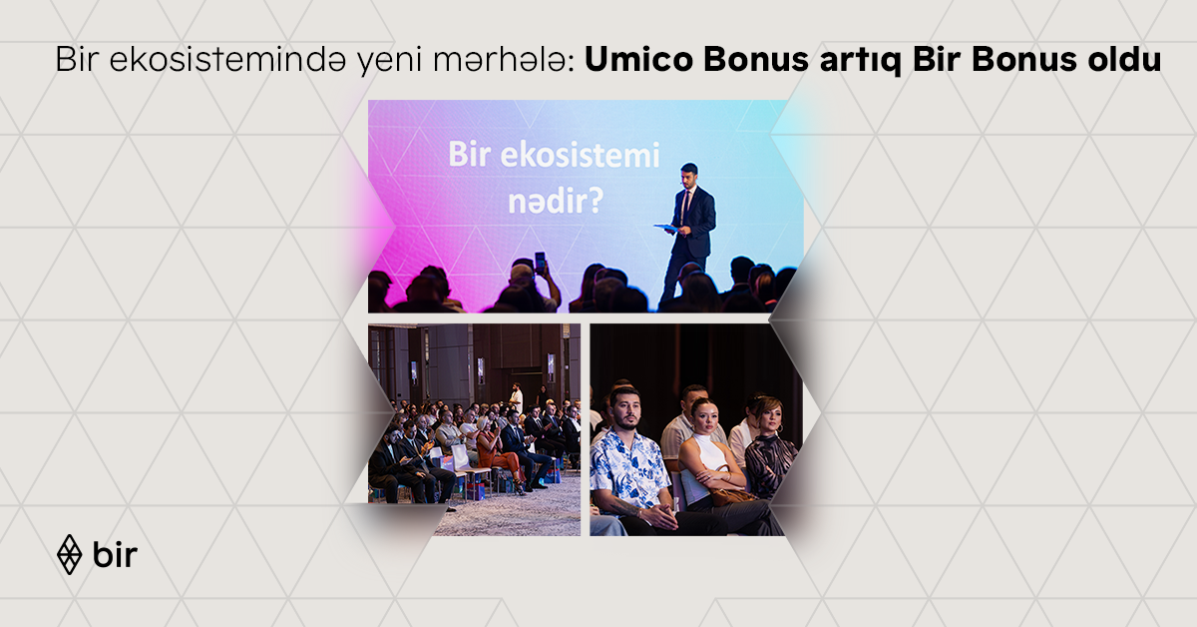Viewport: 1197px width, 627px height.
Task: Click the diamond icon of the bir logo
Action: (x=69, y=554)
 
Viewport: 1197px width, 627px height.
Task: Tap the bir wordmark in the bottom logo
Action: (x=115, y=554)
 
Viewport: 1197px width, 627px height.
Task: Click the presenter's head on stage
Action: (x=688, y=173)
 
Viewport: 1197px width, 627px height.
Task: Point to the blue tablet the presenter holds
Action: (x=666, y=228)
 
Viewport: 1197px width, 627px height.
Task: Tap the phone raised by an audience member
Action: (x=540, y=262)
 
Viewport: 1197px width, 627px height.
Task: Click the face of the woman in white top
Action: (x=705, y=416)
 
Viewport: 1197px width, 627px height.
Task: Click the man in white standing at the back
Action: (x=516, y=396)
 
